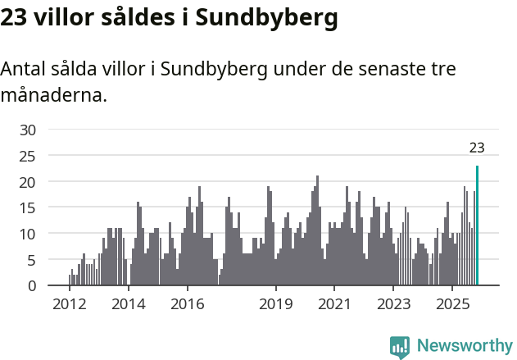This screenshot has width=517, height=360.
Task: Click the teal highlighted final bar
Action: pos(477,226)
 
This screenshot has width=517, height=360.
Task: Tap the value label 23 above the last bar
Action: pos(477,148)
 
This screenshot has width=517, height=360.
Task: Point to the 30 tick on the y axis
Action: pos(28,130)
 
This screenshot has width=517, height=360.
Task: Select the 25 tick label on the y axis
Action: pos(28,155)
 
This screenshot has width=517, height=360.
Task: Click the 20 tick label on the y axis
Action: pos(28,181)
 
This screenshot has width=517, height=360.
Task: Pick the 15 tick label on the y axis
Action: pos(28,207)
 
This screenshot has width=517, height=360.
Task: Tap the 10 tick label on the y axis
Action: pos(28,234)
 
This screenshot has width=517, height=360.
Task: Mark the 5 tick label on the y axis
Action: pos(32,260)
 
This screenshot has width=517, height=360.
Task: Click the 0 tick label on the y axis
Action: pos(32,286)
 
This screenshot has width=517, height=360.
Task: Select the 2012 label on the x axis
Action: pos(70,303)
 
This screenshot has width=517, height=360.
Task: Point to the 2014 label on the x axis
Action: pos(129,303)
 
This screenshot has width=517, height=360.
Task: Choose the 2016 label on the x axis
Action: pos(188,303)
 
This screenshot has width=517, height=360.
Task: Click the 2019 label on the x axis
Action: pos(276,303)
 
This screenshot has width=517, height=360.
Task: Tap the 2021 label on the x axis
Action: pos(334,303)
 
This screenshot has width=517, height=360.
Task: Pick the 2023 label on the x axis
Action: pos(393,303)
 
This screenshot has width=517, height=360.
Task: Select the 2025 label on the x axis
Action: pos(452,303)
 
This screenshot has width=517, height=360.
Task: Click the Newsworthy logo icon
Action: pos(400,347)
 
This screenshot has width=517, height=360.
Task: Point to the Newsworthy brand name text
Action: pos(464,346)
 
